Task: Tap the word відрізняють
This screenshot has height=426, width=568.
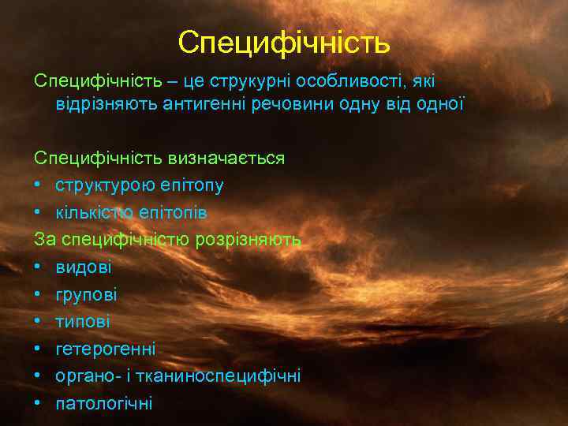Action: click(105, 103)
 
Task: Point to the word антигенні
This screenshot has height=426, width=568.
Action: click(200, 103)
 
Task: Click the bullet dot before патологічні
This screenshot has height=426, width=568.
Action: click(39, 403)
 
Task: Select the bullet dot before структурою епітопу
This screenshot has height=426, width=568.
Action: click(39, 185)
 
